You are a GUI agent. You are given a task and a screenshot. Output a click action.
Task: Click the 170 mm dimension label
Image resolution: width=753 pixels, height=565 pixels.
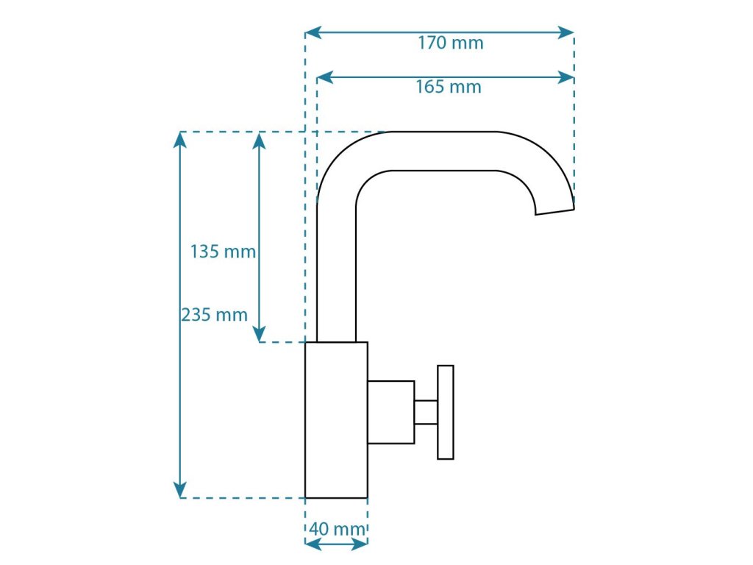point(451,43)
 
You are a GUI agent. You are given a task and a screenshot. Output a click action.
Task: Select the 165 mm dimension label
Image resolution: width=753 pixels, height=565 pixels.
point(449,87)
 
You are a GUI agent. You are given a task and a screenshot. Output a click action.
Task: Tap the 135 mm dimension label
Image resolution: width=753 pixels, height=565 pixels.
point(223,252)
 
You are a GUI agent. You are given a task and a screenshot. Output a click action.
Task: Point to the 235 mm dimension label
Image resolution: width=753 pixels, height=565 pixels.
point(214,315)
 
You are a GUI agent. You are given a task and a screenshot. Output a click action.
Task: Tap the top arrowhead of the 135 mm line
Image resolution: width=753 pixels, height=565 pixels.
point(260,139)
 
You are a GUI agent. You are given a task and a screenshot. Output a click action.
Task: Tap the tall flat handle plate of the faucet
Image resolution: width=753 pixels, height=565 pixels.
point(446,412)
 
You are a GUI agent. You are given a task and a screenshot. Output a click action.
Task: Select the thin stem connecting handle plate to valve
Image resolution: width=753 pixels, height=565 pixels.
point(426,412)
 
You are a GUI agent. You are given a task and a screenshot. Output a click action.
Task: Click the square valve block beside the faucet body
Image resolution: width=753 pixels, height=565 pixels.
point(390,412)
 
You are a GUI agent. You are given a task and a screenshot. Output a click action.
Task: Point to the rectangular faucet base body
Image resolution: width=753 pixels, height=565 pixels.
point(336,420)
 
